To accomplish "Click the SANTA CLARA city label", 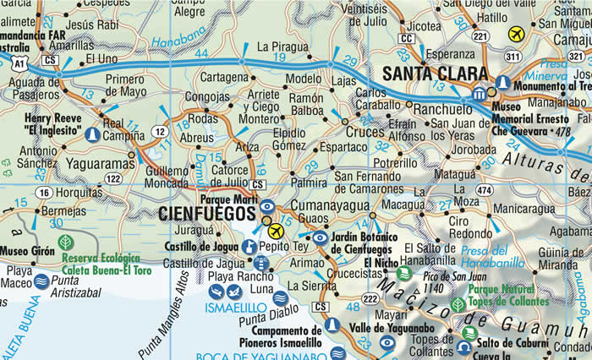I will (436, 74).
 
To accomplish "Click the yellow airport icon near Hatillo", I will (516, 35).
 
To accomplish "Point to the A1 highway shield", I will (19, 62).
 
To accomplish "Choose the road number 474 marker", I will (484, 191).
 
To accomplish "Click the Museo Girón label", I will (25, 251).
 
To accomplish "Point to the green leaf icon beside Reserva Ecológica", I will (65, 243).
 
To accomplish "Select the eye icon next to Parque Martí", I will (267, 205).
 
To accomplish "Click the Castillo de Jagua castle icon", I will (249, 247).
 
